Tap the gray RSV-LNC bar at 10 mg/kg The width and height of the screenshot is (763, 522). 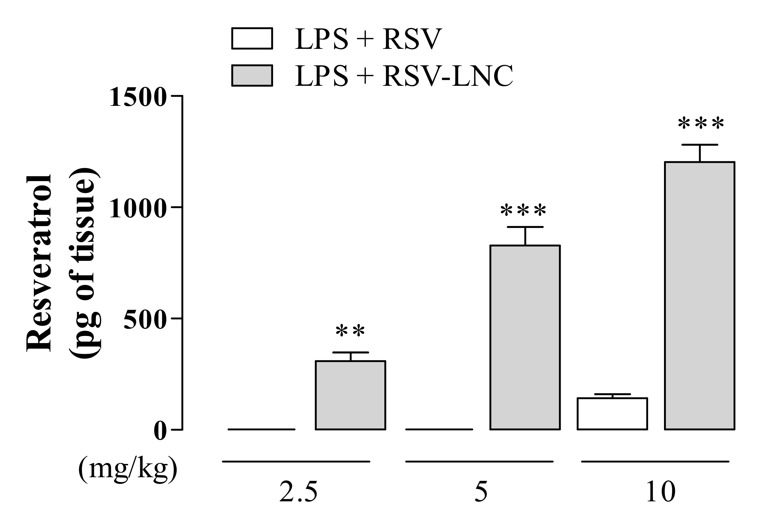[700, 296]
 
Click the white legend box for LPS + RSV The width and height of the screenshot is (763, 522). [252, 39]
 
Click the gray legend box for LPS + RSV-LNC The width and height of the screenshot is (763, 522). [252, 75]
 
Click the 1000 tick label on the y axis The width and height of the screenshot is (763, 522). [137, 209]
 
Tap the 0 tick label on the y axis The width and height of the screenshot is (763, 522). [159, 432]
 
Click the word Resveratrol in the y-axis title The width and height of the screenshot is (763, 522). [39, 263]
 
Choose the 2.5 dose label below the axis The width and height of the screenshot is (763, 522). [298, 492]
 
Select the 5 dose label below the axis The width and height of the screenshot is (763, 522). [481, 492]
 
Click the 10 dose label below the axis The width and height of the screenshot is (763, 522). [661, 492]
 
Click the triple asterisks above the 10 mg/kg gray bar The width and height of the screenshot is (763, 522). [701, 124]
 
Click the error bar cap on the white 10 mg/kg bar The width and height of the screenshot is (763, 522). [612, 394]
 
